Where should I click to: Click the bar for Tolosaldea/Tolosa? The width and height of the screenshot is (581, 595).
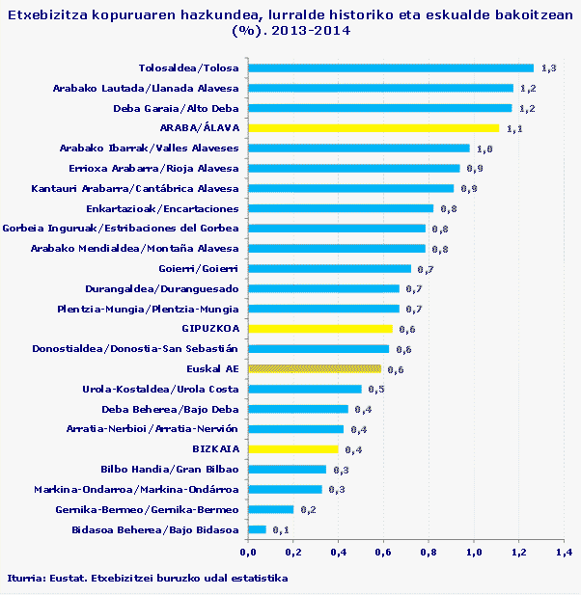pyautogui.click(x=391, y=68)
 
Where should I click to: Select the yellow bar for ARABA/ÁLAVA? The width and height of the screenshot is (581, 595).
pyautogui.click(x=373, y=127)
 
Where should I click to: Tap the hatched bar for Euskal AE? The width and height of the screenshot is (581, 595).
pyautogui.click(x=315, y=368)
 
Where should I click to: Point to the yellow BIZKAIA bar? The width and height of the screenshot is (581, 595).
pyautogui.click(x=293, y=449)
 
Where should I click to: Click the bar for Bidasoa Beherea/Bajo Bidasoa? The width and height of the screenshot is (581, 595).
pyautogui.click(x=257, y=529)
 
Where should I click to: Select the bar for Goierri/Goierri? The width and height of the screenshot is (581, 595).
pyautogui.click(x=329, y=269)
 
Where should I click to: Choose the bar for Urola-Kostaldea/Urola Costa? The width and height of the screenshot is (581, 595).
pyautogui.click(x=305, y=389)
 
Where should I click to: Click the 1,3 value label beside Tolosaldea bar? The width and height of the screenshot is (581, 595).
pyautogui.click(x=549, y=68)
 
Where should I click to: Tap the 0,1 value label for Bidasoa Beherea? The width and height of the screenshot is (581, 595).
pyautogui.click(x=281, y=530)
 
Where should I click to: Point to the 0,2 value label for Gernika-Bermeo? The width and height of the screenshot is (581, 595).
pyautogui.click(x=308, y=510)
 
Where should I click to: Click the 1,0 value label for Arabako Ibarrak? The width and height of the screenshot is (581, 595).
pyautogui.click(x=484, y=149)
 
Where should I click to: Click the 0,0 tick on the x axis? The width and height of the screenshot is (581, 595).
pyautogui.click(x=247, y=553)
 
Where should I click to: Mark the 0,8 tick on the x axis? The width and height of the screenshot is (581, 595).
pyautogui.click(x=428, y=553)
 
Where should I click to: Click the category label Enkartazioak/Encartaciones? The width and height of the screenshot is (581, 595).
pyautogui.click(x=162, y=208)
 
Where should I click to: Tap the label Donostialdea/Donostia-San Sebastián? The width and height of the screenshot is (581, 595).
pyautogui.click(x=135, y=348)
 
